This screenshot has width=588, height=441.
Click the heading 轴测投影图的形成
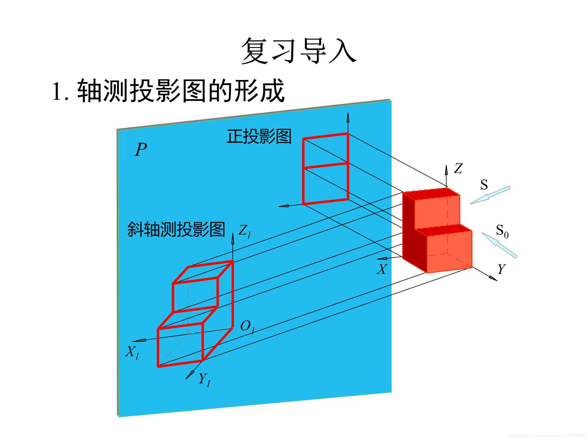[181, 91]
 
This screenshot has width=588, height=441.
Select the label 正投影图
[259, 136]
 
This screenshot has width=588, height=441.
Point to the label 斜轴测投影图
[176, 229]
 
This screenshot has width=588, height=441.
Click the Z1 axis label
[245, 231]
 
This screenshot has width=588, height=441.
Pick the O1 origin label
[247, 326]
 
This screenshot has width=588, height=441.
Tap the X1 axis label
[132, 352]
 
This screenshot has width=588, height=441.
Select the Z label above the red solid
[458, 168]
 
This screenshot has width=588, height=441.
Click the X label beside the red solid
[382, 269]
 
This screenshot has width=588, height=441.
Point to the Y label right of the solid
[501, 269]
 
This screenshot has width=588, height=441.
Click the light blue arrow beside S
[490, 195]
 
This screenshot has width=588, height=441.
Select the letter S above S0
[484, 185]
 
